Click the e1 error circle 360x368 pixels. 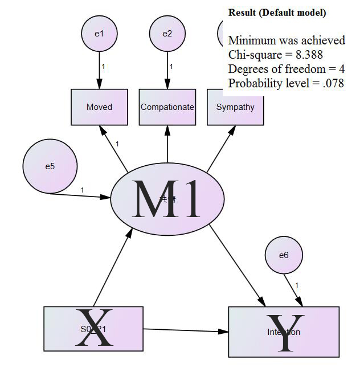[x=100, y=34]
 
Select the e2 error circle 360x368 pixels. [x=167, y=34]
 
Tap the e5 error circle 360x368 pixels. [x=50, y=166]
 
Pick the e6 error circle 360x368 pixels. [x=284, y=255]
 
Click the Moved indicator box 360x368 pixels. [x=100, y=107]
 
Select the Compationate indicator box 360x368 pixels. [x=167, y=107]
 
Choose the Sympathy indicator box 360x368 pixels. [x=235, y=107]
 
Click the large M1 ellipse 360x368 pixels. [x=166, y=199]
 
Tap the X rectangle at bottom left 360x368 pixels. [x=93, y=329]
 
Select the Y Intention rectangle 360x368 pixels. [x=284, y=332]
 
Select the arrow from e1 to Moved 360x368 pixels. [x=100, y=70]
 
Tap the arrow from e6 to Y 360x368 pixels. [x=294, y=290]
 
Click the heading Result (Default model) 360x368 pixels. [x=277, y=12]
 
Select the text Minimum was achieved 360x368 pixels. [x=287, y=40]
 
